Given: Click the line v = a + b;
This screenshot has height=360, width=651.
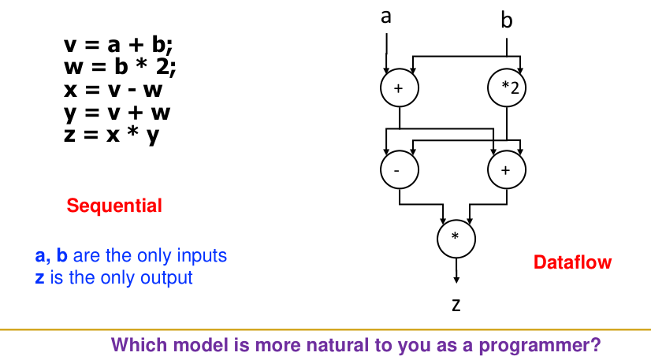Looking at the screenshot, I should point(117,45).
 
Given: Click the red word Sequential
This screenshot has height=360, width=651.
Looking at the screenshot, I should point(114,206).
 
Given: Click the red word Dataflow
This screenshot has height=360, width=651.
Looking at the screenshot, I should point(572,262).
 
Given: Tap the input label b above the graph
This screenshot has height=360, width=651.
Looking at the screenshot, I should point(506,20).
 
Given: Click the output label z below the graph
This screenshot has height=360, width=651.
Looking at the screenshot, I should point(456,304).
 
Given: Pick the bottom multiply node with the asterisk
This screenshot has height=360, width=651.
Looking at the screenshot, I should point(455,236).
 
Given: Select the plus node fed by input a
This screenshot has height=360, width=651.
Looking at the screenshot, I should point(399,88).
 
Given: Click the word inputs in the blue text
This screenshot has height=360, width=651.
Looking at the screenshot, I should point(201,256).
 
